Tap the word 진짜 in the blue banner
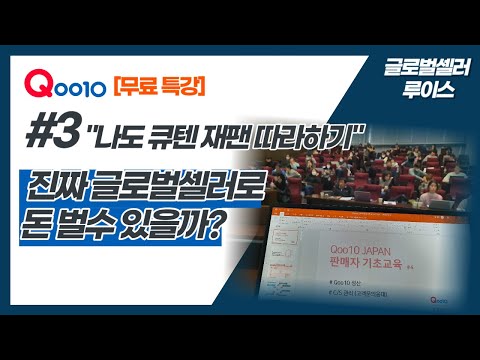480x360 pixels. pyautogui.click(x=64, y=186)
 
